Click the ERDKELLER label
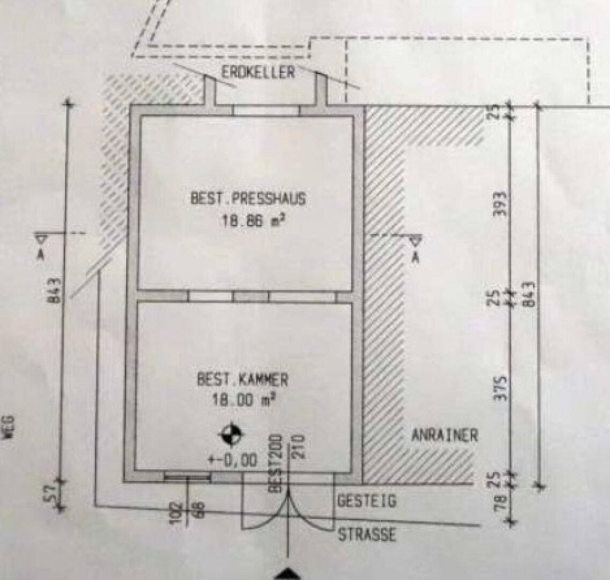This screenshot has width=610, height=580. click(x=258, y=72)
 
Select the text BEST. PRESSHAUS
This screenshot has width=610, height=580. click(x=248, y=199)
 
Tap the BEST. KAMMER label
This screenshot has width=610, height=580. click(x=242, y=380)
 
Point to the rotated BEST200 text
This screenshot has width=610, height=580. click(x=275, y=463)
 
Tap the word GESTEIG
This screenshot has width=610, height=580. click(x=367, y=501)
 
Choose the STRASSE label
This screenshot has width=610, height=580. click(x=367, y=534)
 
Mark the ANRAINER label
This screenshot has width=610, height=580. click(x=444, y=434)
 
